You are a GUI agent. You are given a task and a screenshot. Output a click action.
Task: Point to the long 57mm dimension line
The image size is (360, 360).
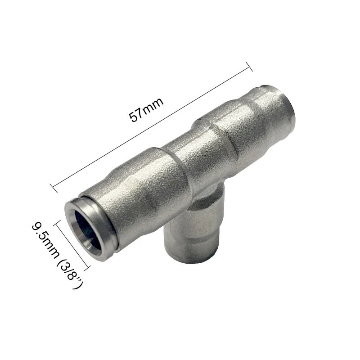coord(151,126)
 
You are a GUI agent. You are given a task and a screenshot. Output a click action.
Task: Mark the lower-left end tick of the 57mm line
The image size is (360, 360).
coord(53,185)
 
